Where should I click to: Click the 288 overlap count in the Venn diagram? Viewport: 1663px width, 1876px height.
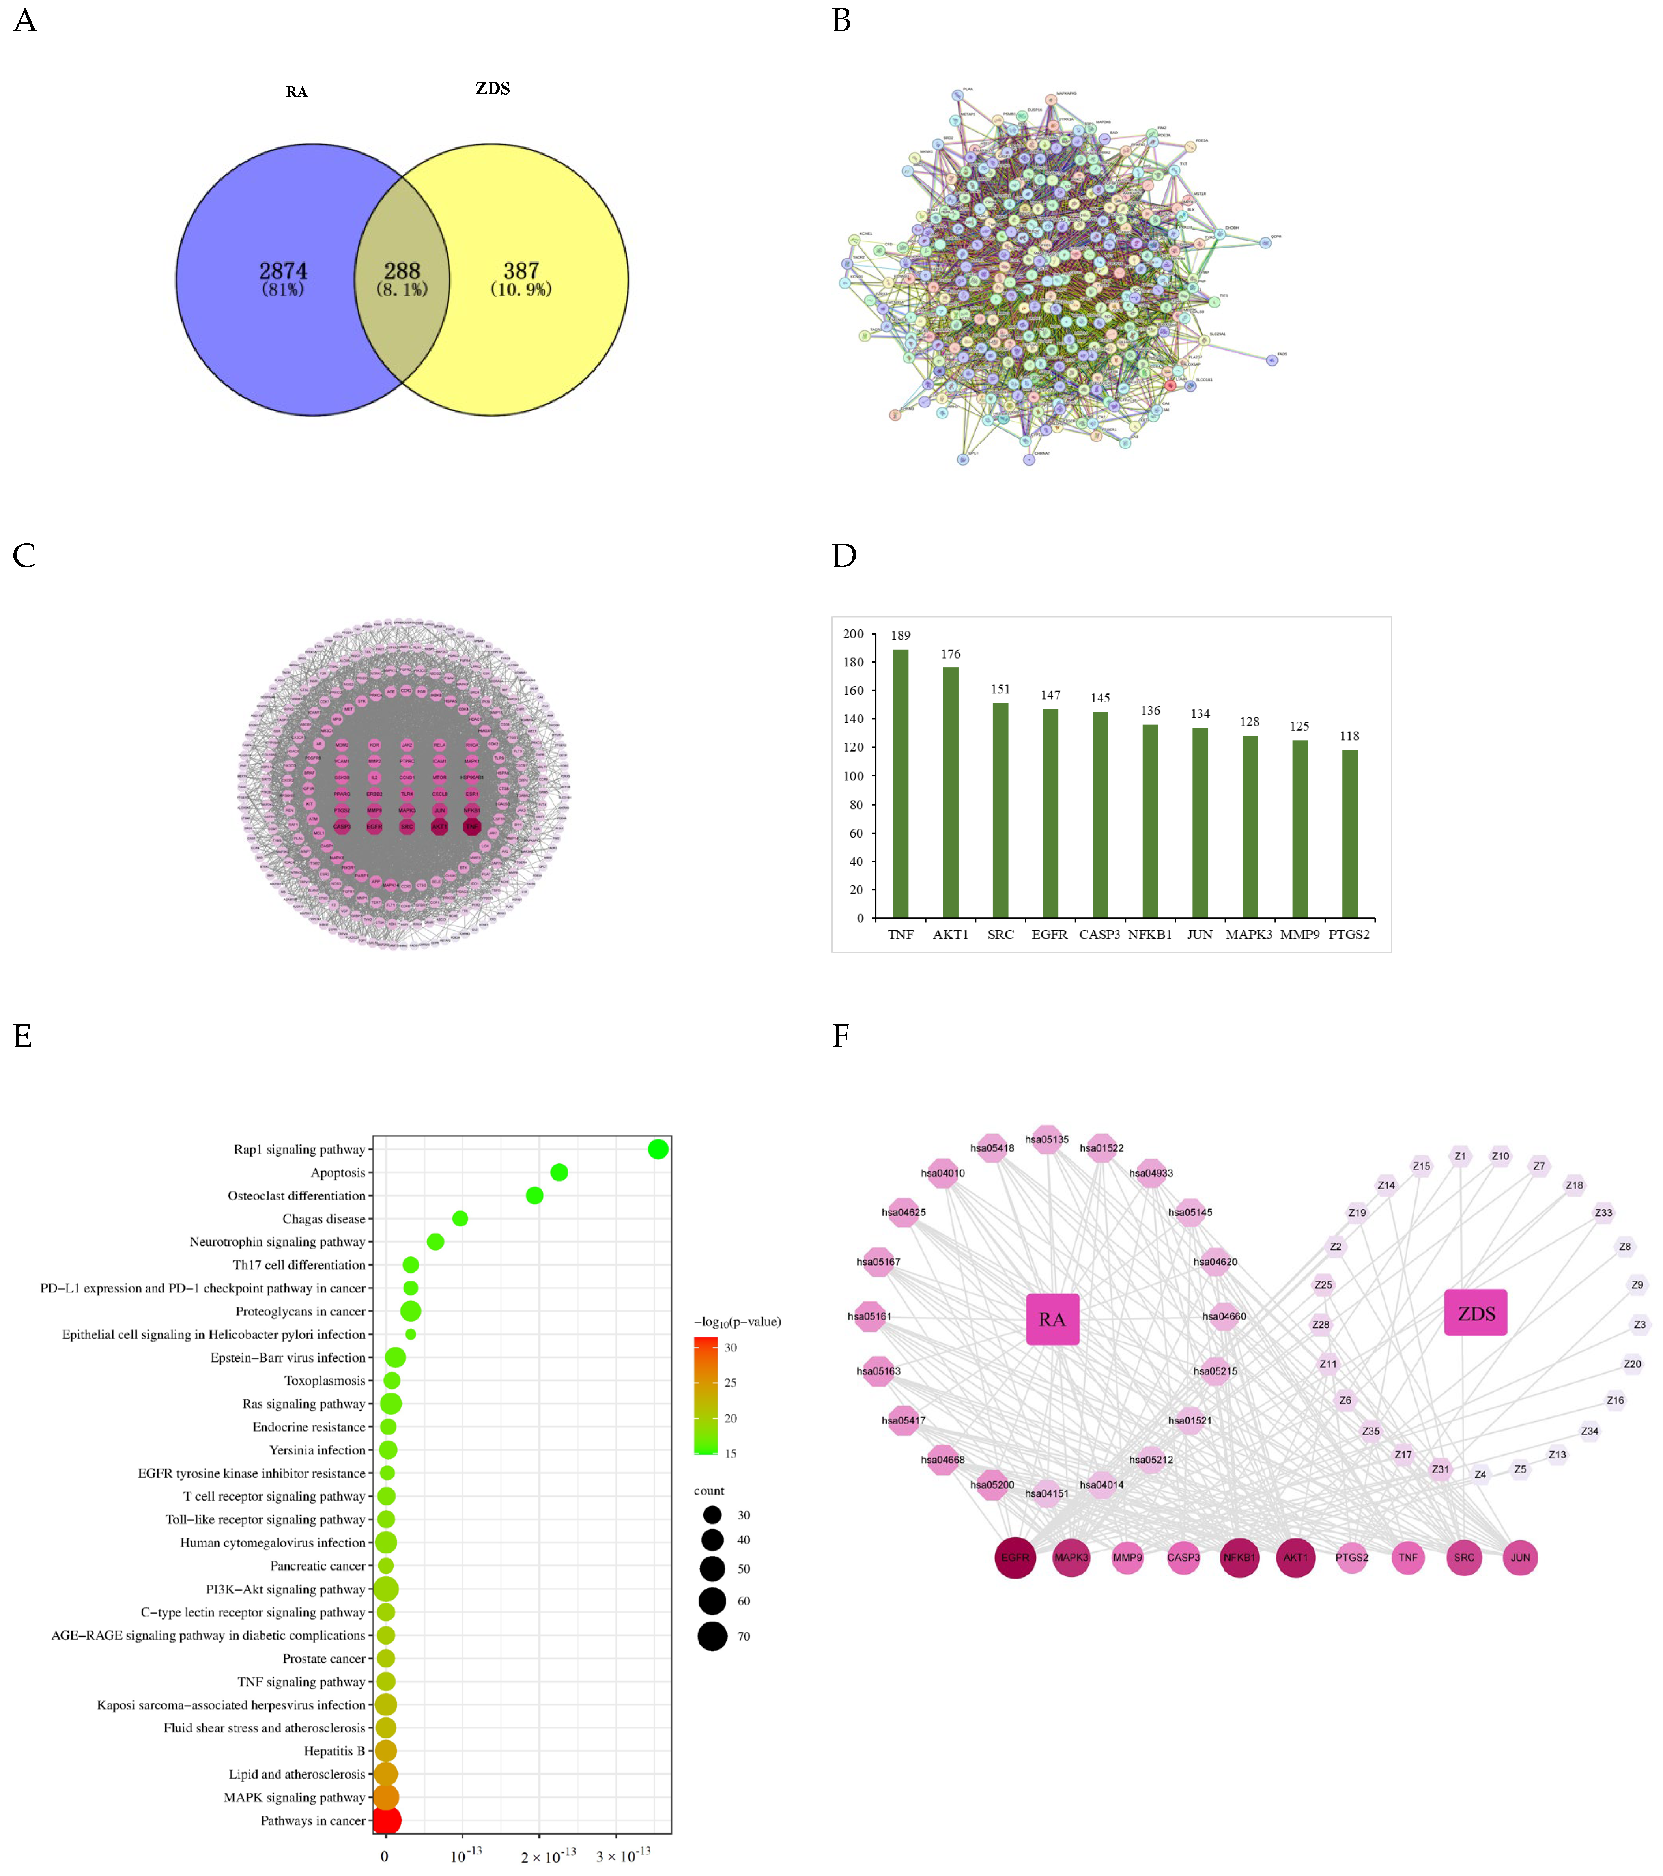[x=402, y=272]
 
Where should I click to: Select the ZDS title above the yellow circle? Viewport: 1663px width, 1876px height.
[x=493, y=88]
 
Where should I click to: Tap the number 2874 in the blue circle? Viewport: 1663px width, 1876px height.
[x=283, y=272]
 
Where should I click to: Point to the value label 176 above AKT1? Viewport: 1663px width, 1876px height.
[x=951, y=654]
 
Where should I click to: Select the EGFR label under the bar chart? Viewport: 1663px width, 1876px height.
[x=1049, y=934]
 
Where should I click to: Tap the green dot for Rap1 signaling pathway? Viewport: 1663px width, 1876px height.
[x=657, y=1149]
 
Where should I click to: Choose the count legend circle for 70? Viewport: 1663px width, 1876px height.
[x=712, y=1635]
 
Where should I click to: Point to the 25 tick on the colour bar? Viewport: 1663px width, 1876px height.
[x=731, y=1382]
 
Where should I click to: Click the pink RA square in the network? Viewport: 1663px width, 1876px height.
[x=1052, y=1319]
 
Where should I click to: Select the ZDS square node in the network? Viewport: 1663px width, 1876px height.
[x=1476, y=1313]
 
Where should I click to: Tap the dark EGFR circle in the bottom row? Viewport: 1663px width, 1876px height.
[x=1015, y=1557]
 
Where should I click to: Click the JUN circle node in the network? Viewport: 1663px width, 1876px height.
[x=1520, y=1557]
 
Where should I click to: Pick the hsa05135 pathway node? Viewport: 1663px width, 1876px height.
[x=1047, y=1140]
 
